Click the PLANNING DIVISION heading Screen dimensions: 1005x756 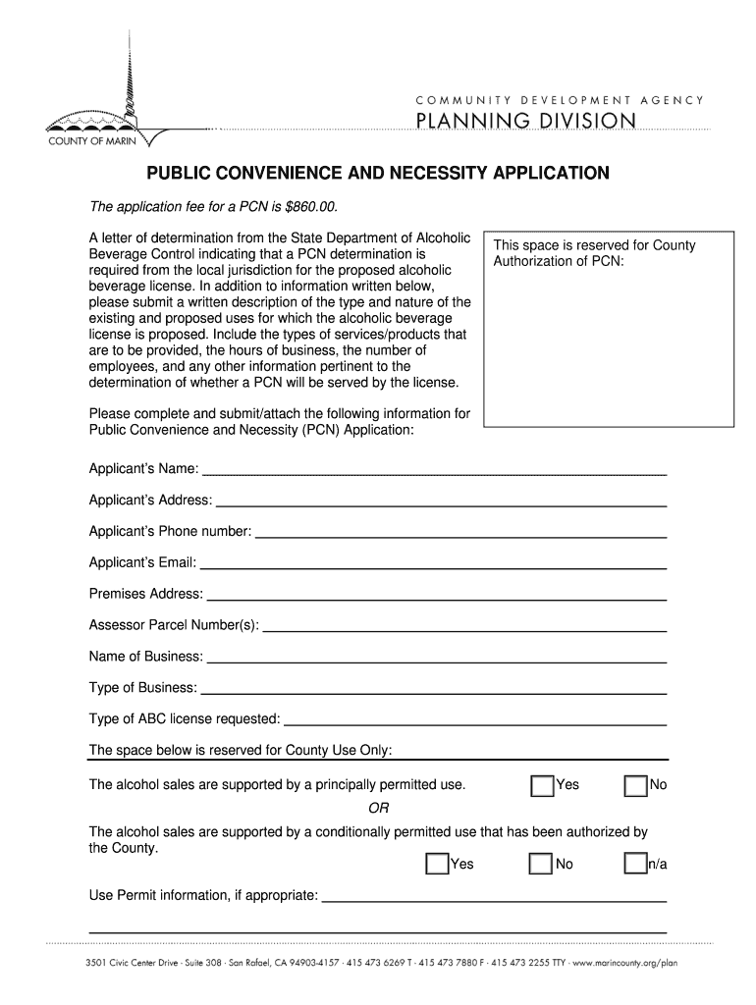coord(526,121)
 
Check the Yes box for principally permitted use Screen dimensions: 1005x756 coord(541,786)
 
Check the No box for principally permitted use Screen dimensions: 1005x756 coord(635,786)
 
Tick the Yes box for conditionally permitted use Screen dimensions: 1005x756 coord(437,865)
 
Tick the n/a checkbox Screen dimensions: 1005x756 coord(635,865)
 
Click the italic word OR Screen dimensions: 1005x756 coord(378,809)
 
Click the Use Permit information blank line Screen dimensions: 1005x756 coord(495,897)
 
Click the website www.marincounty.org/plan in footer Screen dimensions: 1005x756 coord(622,963)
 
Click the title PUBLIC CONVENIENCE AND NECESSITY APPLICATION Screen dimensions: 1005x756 coord(378,174)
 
